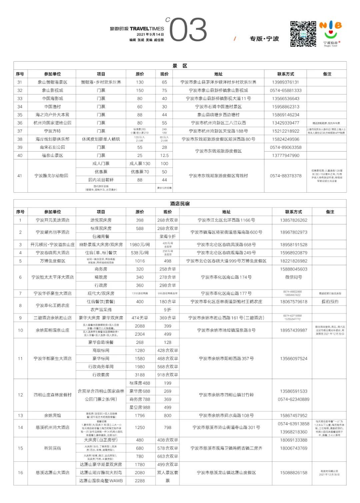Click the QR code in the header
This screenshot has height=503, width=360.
[x=303, y=34]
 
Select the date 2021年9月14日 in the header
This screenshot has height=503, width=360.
[x=150, y=35]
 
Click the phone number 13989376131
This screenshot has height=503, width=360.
[x=285, y=82]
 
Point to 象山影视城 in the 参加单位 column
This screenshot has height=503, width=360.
[x=52, y=90]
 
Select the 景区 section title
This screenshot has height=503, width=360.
[x=180, y=66]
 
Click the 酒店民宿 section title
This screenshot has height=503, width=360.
[x=180, y=204]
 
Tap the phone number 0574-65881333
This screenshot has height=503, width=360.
[x=285, y=90]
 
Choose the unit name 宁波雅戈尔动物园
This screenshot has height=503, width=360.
[x=52, y=176]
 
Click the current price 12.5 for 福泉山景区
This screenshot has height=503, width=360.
[x=164, y=155]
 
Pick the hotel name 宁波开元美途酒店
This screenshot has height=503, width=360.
[x=52, y=220]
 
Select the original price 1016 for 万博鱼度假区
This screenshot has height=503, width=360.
[x=140, y=261]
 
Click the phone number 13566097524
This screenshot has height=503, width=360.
[x=293, y=359]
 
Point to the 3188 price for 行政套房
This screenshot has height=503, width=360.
[x=140, y=375]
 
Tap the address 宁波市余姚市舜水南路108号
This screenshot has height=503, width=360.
[x=226, y=416]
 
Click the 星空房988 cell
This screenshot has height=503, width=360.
[x=140, y=407]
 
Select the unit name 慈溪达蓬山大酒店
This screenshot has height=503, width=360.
[x=52, y=473]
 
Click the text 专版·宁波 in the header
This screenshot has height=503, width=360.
[x=264, y=39]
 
